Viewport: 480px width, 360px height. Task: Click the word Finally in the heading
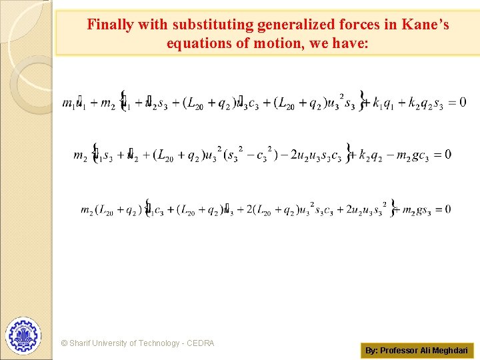pos(110,25)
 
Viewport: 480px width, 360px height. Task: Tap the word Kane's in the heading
pos(426,25)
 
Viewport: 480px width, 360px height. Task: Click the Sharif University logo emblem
pos(23,335)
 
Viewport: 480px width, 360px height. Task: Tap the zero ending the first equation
pos(462,103)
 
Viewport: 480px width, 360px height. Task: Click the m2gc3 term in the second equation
pos(413,156)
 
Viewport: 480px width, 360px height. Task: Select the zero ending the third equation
pos(446,209)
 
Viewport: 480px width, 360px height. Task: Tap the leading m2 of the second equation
pos(80,156)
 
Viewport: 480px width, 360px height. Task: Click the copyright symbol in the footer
pos(64,343)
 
